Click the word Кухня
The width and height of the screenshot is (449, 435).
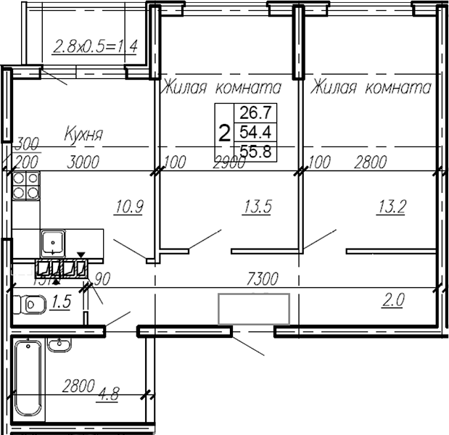(83, 134)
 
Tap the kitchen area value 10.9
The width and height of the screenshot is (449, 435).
(129, 207)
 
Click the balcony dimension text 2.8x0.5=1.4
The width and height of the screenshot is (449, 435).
(96, 49)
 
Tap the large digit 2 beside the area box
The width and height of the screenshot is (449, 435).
(225, 132)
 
